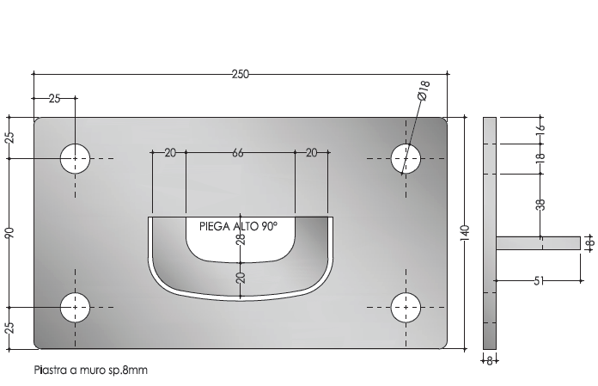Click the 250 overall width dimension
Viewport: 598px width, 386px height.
click(241, 75)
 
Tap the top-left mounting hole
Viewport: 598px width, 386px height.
click(76, 159)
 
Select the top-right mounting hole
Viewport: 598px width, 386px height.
click(406, 159)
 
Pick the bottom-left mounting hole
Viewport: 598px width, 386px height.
click(76, 306)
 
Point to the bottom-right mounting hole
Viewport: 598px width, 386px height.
click(406, 306)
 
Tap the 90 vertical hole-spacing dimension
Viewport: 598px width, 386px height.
click(10, 233)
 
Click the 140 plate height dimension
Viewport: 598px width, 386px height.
click(465, 232)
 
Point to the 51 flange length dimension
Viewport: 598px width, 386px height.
click(540, 279)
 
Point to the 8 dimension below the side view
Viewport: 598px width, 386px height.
click(491, 361)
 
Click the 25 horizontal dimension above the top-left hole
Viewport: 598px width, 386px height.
click(54, 99)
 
